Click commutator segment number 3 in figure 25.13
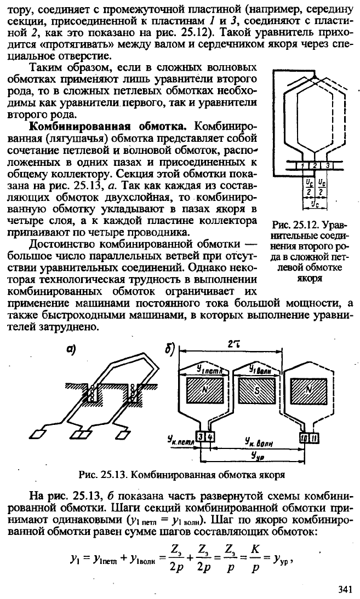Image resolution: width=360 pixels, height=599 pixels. pyautogui.click(x=200, y=436)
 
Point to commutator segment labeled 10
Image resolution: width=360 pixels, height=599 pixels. pyautogui.click(x=304, y=436)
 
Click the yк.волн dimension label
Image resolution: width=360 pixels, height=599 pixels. pyautogui.click(x=257, y=442)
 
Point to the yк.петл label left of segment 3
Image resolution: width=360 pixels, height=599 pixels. pyautogui.click(x=180, y=440)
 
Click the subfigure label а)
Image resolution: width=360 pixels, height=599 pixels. pyautogui.click(x=71, y=349)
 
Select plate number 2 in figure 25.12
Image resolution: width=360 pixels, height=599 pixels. pyautogui.click(x=314, y=165)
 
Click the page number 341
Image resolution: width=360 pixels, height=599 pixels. pyautogui.click(x=345, y=589)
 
